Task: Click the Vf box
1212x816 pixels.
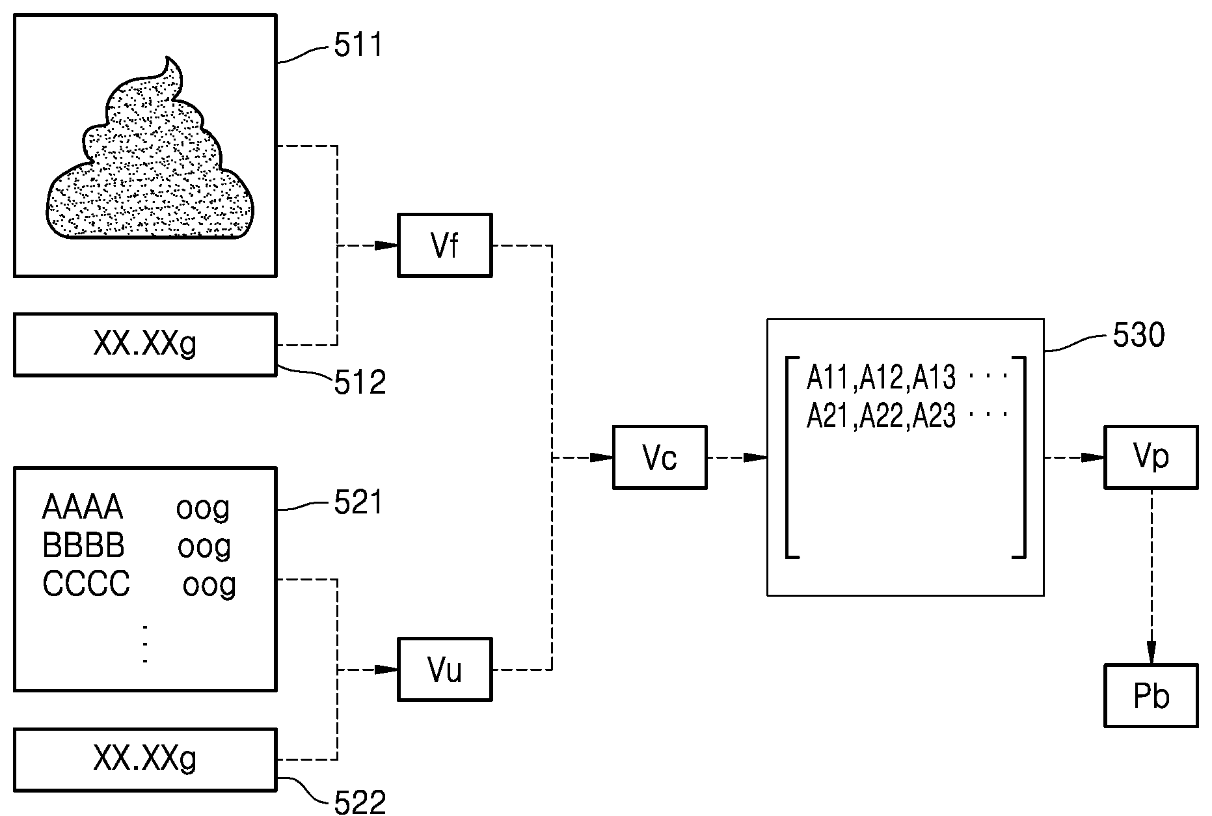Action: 445,245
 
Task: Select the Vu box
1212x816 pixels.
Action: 445,669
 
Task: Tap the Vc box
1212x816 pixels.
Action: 660,457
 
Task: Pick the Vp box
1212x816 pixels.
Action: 1151,457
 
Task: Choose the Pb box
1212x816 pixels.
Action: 1151,696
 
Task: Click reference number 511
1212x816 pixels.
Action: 358,46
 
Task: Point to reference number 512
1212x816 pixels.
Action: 360,383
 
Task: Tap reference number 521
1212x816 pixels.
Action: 358,503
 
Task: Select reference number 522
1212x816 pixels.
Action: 360,802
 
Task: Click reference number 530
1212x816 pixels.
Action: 1138,336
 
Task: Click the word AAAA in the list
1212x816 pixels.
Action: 83,508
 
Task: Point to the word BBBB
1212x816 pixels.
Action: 83,545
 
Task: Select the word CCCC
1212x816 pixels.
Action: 87,584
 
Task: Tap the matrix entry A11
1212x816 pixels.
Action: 829,377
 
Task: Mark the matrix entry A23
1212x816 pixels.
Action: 935,416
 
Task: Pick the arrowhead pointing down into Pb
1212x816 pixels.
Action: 1151,653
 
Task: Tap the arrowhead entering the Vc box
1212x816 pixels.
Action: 602,457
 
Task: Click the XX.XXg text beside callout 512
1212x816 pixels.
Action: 144,344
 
